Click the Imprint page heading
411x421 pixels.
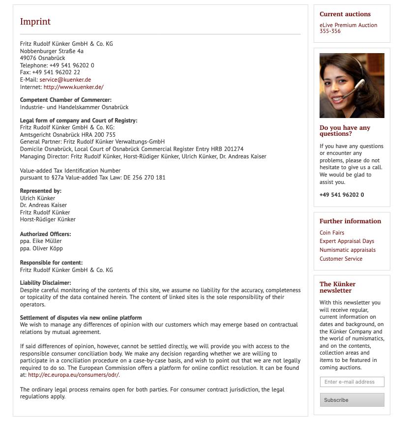pyautogui.click(x=35, y=22)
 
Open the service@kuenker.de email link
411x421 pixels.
pyautogui.click(x=65, y=80)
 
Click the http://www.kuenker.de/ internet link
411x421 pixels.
pyautogui.click(x=73, y=87)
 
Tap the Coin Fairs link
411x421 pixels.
pyautogui.click(x=332, y=233)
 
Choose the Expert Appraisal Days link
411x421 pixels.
pyautogui.click(x=347, y=241)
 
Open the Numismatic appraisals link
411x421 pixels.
pyautogui.click(x=347, y=250)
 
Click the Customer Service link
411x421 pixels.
pyautogui.click(x=341, y=259)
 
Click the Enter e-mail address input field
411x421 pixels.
pyautogui.click(x=352, y=382)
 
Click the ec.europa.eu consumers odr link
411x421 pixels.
pyautogui.click(x=74, y=375)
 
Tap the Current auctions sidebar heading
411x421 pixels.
pyautogui.click(x=345, y=14)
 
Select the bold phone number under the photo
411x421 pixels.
pyautogui.click(x=342, y=195)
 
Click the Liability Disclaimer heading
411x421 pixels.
pyautogui.click(x=46, y=283)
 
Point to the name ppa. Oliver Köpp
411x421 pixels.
pyautogui.click(x=41, y=248)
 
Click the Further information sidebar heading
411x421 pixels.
pyautogui.click(x=350, y=221)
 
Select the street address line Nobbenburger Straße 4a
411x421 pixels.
pyautogui.click(x=52, y=51)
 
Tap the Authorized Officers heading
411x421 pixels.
pyautogui.click(x=45, y=234)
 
